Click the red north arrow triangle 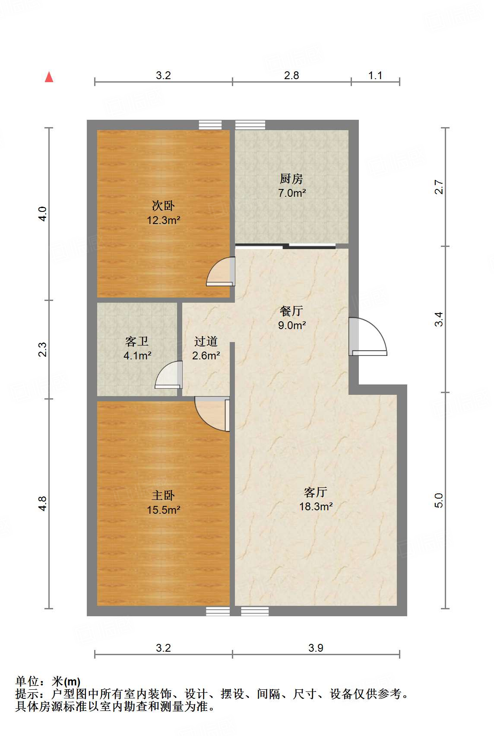49,77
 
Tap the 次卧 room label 163,206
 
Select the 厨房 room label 291,179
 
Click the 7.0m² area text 292,193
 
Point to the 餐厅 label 291,311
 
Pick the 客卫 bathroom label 137,342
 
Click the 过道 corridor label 206,342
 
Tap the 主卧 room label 163,496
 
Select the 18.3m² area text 316,506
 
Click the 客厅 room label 316,492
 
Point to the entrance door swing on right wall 368,337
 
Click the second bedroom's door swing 221,272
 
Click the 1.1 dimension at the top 375,75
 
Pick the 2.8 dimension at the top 291,75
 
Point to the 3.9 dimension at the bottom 316,648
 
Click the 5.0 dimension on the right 439,500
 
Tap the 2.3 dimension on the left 42,349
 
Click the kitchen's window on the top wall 250,125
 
